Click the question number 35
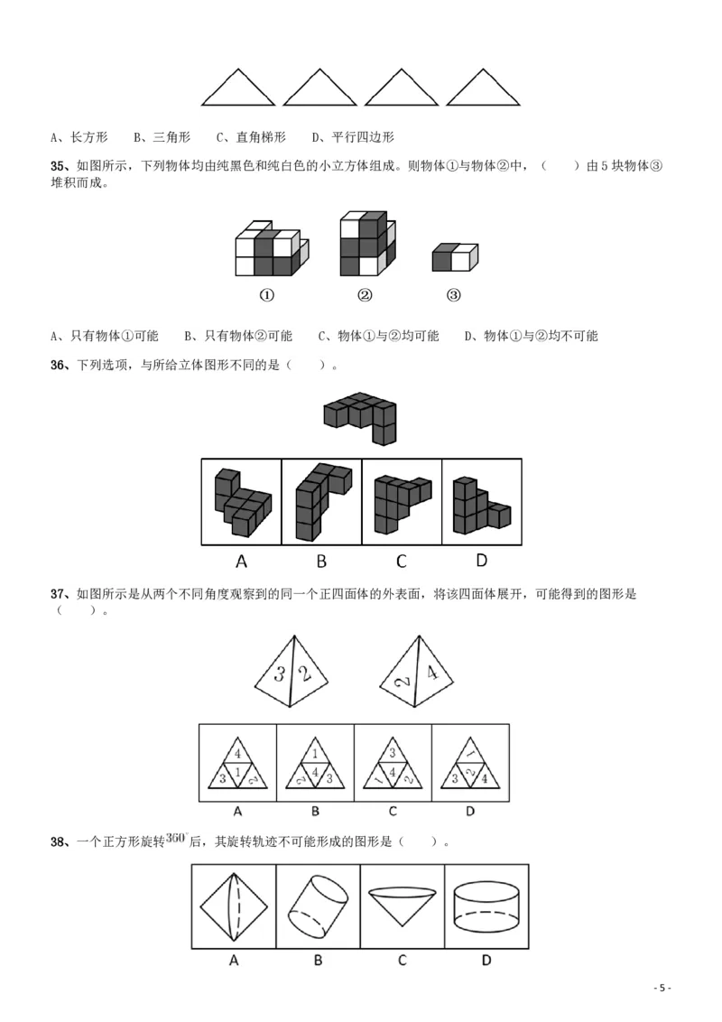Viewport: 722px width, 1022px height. click(58, 166)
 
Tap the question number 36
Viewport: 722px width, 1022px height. click(58, 365)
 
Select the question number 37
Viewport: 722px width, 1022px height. click(58, 594)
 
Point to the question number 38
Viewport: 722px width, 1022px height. click(58, 841)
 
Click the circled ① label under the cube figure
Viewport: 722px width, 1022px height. click(267, 295)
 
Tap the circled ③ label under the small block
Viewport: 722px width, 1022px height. click(454, 295)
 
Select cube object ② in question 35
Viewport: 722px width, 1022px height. click(367, 244)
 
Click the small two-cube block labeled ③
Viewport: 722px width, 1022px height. click(455, 257)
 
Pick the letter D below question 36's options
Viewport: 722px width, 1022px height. click(482, 561)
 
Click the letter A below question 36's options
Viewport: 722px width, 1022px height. click(241, 562)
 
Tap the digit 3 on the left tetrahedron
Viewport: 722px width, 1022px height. click(280, 674)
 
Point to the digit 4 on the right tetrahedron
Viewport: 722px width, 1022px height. click(432, 672)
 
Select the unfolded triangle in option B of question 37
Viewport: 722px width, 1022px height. click(315, 763)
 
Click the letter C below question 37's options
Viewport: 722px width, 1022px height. click(393, 812)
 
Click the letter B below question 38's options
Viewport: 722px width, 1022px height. click(318, 960)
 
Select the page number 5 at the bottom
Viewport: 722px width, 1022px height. click(662, 988)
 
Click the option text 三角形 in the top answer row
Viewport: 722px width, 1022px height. click(171, 137)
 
